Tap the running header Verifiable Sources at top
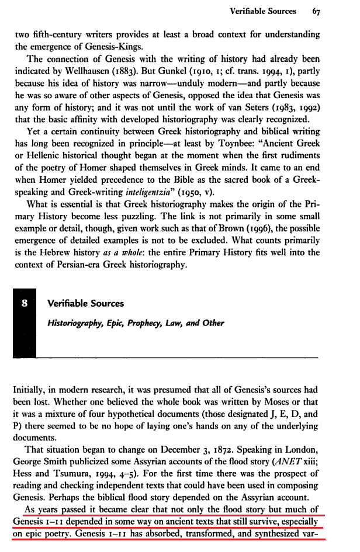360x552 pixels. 263,11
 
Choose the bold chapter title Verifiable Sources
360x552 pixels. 85,304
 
